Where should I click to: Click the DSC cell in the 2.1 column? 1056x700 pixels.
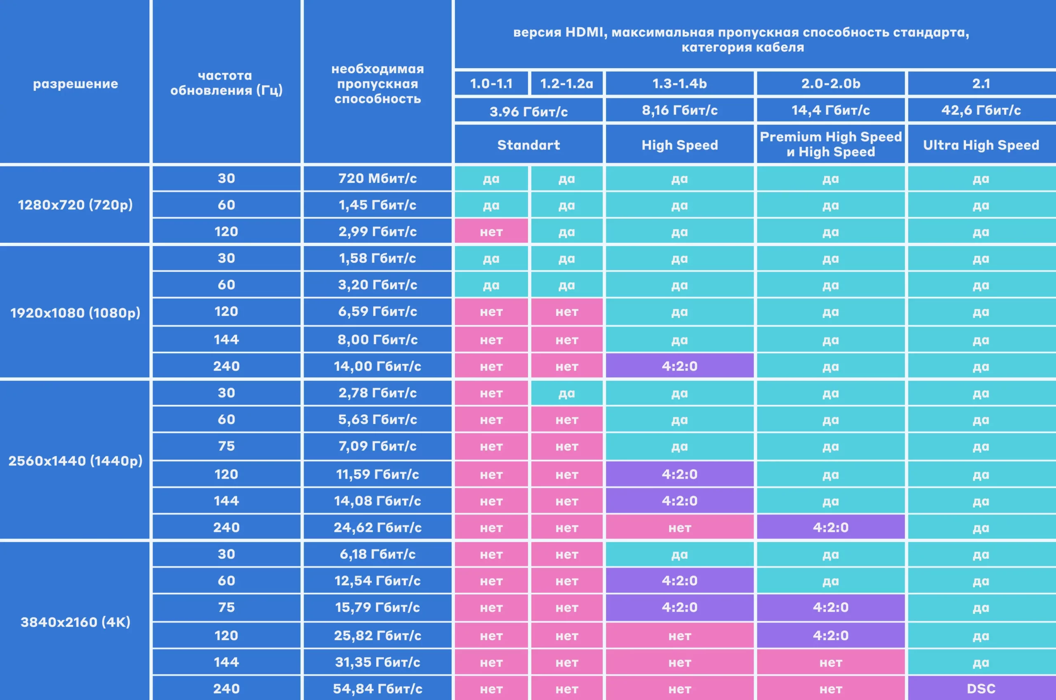coord(981,688)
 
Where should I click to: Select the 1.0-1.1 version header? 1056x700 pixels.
coord(491,83)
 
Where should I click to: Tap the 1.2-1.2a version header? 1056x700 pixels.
coord(566,83)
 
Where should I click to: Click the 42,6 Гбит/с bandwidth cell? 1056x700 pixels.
coord(981,110)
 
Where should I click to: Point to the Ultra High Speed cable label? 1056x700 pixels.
coord(981,145)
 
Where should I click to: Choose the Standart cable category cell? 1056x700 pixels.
coord(528,145)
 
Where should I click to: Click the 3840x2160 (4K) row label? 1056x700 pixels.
coord(75,622)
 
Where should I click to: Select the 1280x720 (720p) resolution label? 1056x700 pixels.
coord(75,205)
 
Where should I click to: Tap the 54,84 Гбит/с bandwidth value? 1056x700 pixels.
coord(377,688)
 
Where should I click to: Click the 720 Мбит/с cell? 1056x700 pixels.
coord(377,178)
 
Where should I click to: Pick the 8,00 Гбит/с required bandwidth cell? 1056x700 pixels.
coord(377,340)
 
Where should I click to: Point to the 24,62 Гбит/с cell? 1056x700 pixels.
coord(377,527)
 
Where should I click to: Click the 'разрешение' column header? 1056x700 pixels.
coord(75,83)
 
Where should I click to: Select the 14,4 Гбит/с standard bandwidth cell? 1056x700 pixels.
coord(830,110)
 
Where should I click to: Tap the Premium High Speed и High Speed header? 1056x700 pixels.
coord(830,144)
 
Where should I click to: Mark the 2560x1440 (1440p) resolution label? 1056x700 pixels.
coord(75,460)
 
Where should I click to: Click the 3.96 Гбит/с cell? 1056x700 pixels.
coord(528,111)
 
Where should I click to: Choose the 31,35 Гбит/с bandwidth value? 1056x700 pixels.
coord(377,662)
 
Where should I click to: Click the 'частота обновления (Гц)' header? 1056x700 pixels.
coord(226,83)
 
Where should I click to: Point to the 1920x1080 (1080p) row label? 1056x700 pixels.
coord(75,313)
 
